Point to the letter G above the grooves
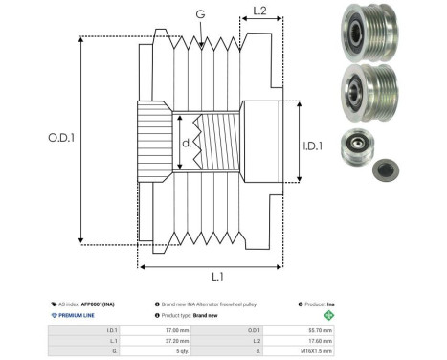coord(199,14)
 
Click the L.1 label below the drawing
coord(216,277)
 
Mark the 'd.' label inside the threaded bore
coord(187,145)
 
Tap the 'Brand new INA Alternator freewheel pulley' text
coord(211,303)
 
